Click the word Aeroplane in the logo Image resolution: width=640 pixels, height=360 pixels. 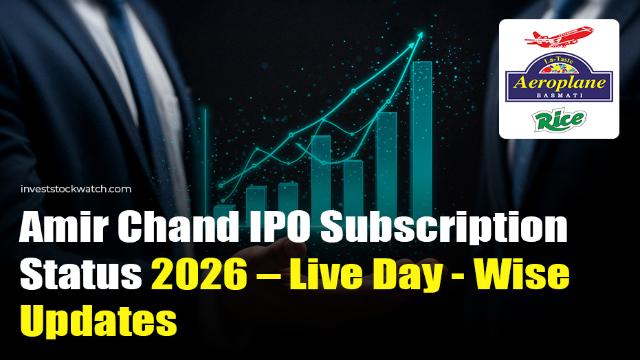559,82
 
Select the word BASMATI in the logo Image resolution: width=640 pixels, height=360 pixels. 559,98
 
